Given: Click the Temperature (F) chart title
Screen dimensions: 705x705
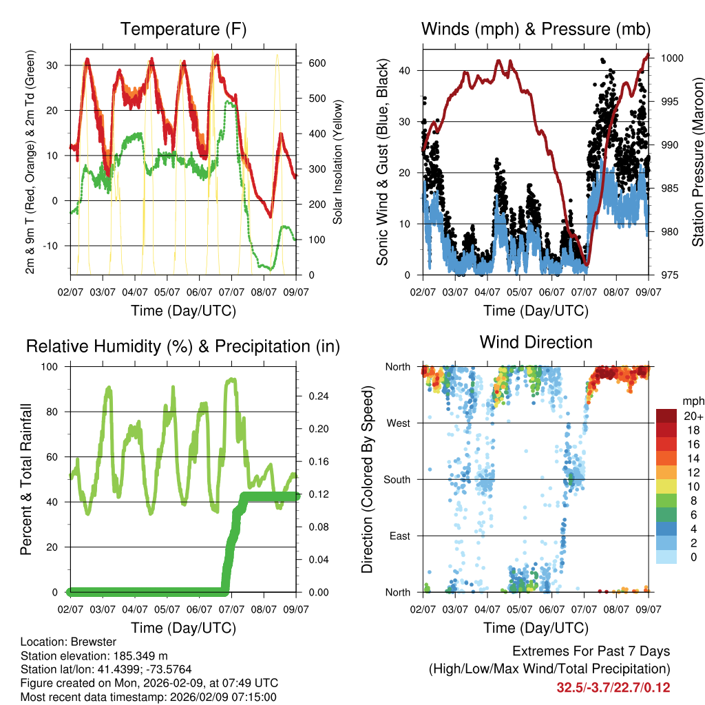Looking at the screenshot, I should [x=183, y=29].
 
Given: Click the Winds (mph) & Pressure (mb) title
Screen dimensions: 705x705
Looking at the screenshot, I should [x=536, y=29].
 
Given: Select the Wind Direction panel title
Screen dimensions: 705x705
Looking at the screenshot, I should [x=536, y=341].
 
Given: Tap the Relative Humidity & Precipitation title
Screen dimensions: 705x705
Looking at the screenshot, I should [x=183, y=346].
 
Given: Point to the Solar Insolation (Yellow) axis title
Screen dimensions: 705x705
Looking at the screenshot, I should [x=337, y=162].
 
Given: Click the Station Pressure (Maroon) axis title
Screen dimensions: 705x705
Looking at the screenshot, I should [x=697, y=162].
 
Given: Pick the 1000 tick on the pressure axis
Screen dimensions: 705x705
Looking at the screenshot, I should [x=671, y=59].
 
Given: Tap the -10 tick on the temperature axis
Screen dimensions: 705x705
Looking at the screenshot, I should [x=55, y=246].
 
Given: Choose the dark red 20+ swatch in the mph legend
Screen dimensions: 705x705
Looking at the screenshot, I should [x=666, y=416].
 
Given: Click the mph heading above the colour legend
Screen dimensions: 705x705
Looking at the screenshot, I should [x=692, y=401].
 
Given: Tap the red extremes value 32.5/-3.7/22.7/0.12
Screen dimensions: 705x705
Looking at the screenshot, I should [x=613, y=687].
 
